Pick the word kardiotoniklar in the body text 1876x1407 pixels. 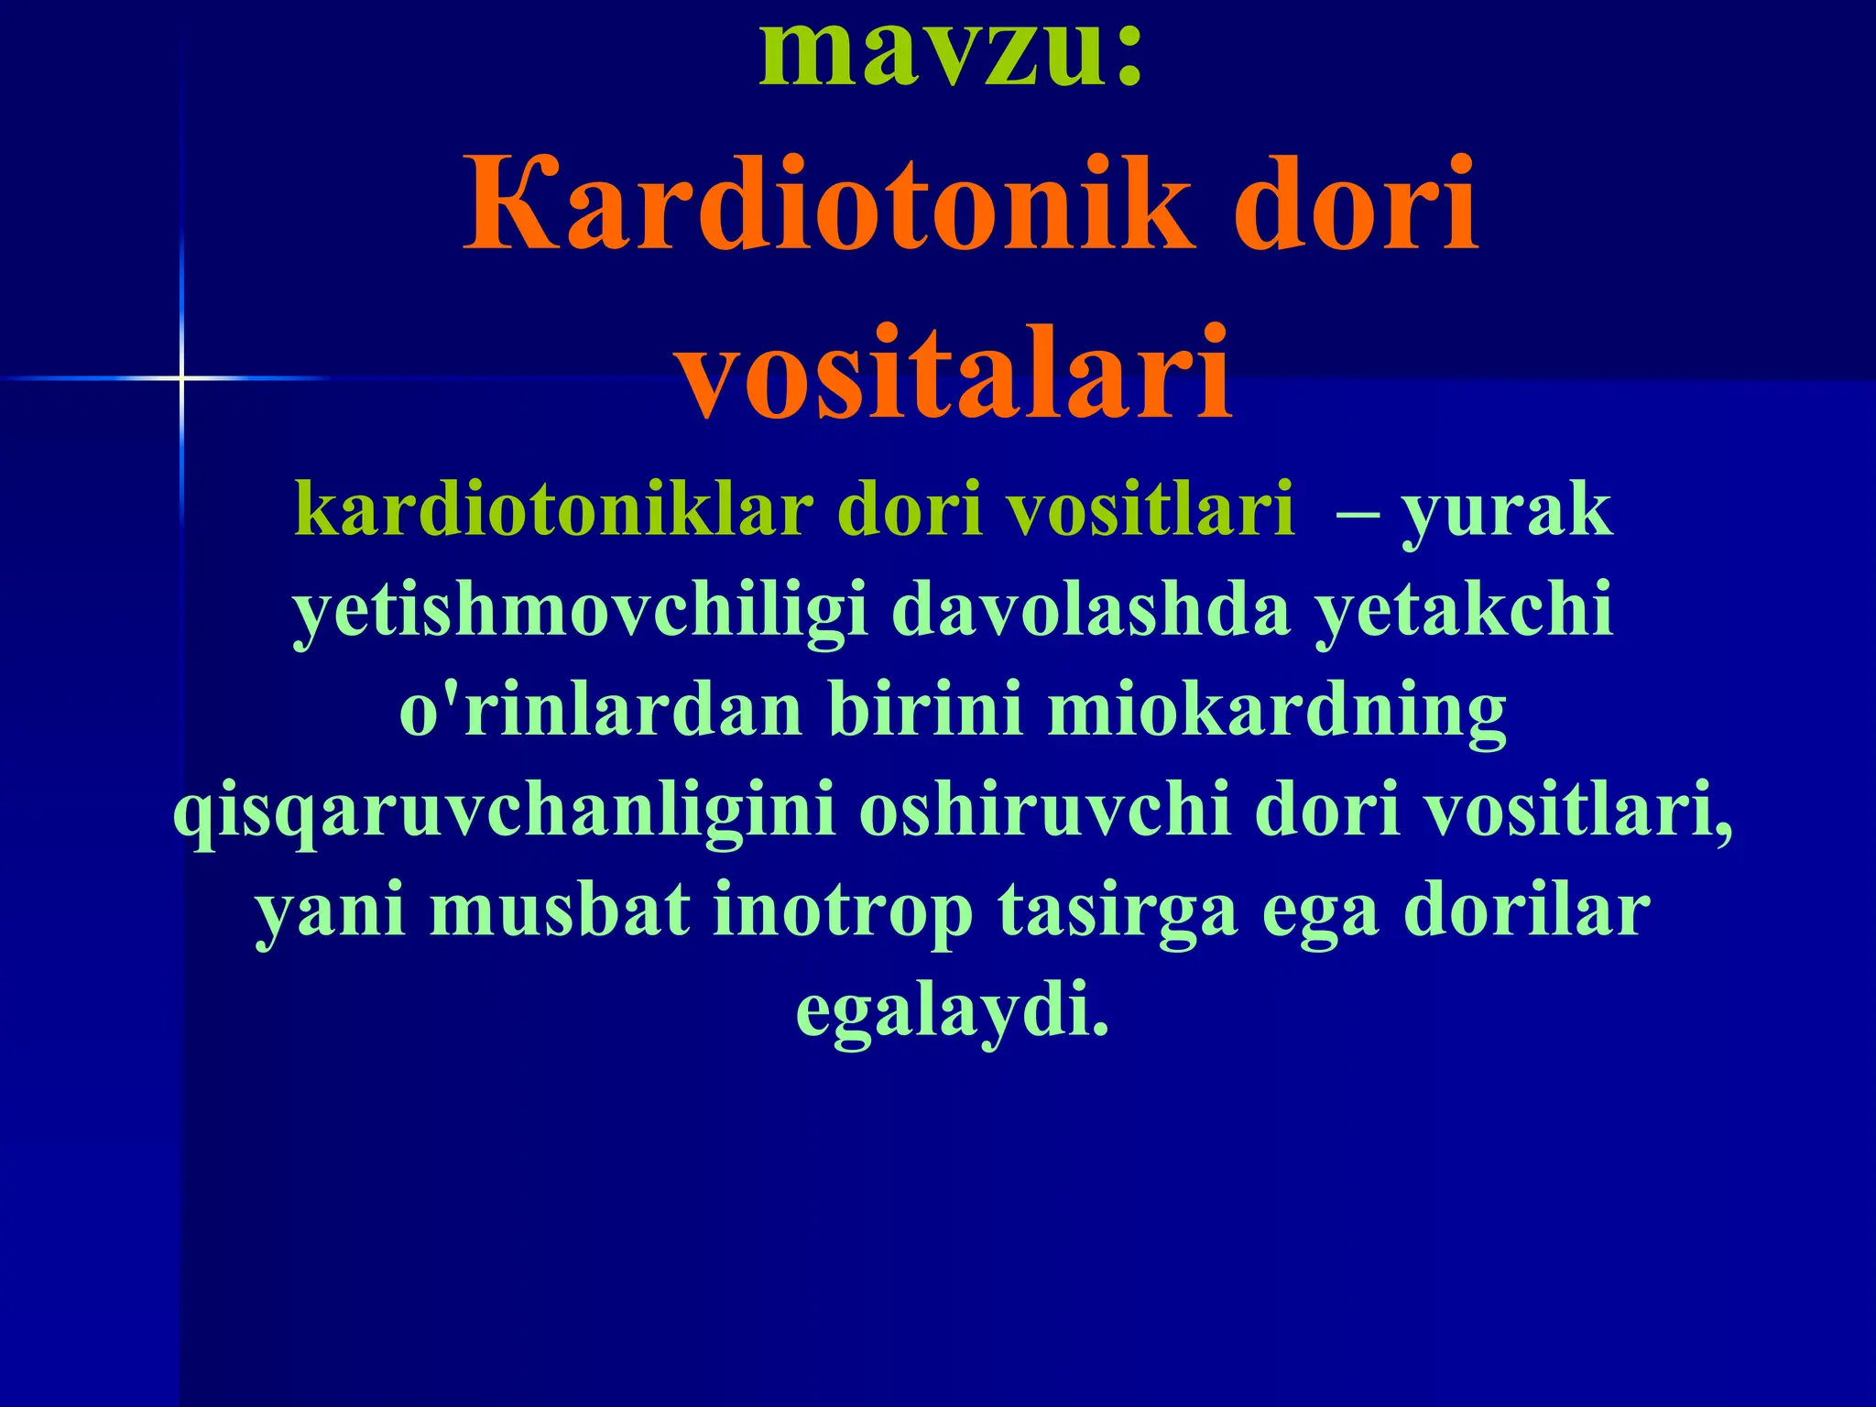tap(554, 510)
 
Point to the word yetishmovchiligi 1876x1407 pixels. tap(581, 612)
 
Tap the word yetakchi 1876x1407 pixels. tap(1463, 612)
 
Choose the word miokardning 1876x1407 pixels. tap(1277, 713)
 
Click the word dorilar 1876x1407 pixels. tap(1527, 911)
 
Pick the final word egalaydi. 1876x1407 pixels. tap(953, 1011)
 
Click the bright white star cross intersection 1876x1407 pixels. tap(181, 377)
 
